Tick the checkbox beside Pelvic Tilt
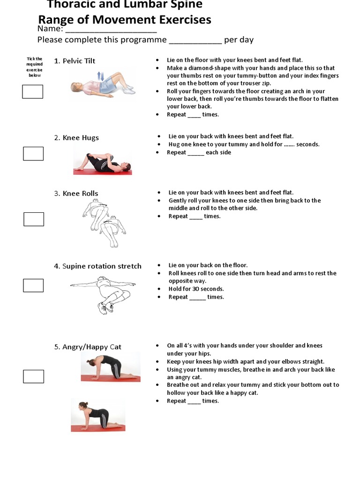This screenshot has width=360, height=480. point(33,91)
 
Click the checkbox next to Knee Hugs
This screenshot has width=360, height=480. point(33,153)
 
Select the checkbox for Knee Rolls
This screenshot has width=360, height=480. point(33,219)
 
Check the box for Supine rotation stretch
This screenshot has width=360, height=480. point(33,285)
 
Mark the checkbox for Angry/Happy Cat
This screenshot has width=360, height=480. point(33,376)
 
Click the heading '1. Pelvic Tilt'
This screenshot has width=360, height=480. point(75,61)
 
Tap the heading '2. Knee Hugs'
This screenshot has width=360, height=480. point(76,138)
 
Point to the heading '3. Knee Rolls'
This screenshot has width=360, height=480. point(76,194)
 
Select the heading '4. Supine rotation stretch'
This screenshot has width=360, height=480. point(97,266)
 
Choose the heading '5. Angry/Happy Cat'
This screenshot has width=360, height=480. point(87,347)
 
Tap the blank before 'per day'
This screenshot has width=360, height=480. point(195,40)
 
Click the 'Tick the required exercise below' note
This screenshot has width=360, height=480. point(34,67)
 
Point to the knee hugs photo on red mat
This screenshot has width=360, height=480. point(102,164)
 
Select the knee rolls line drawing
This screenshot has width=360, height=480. point(104,223)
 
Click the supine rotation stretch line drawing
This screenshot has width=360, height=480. point(103,293)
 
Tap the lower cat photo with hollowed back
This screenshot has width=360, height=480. point(98,414)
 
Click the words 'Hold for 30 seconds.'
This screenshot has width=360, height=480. point(196,289)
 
